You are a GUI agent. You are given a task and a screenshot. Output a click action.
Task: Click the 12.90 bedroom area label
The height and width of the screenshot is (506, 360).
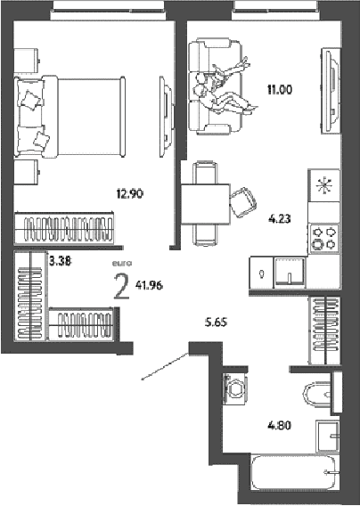(130, 194)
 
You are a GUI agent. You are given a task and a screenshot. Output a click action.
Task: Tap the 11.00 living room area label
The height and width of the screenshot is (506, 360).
(280, 89)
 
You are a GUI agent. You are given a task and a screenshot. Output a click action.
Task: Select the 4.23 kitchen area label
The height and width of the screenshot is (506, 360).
(280, 219)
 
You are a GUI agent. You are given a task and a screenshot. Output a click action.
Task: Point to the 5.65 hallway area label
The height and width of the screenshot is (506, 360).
(217, 322)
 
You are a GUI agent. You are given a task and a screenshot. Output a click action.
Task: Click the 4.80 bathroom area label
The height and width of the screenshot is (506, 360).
(280, 425)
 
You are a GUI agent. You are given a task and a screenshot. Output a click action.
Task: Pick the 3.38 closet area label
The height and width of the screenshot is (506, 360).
(60, 260)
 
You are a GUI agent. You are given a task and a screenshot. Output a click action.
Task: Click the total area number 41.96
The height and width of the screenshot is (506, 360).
(149, 285)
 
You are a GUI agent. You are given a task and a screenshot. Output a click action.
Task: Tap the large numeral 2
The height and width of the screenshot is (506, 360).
(122, 286)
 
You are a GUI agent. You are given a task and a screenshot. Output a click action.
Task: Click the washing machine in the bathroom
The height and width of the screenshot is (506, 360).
(235, 388)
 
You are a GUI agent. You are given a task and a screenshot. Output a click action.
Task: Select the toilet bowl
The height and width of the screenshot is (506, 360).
(317, 394)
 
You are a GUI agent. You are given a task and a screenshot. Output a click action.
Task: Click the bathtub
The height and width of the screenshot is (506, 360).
(293, 472)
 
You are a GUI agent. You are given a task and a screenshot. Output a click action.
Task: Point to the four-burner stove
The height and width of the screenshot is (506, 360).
(324, 238)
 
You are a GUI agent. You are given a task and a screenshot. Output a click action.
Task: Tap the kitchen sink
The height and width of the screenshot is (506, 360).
(290, 272)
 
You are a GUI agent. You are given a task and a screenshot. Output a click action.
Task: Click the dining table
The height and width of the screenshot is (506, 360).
(205, 204)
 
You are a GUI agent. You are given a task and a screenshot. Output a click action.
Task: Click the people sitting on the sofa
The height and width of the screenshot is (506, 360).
(225, 87)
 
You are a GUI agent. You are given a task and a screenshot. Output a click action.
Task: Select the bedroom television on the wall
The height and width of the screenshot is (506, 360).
(167, 116)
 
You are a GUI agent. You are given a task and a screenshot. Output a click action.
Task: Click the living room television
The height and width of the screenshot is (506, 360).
(331, 91)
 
